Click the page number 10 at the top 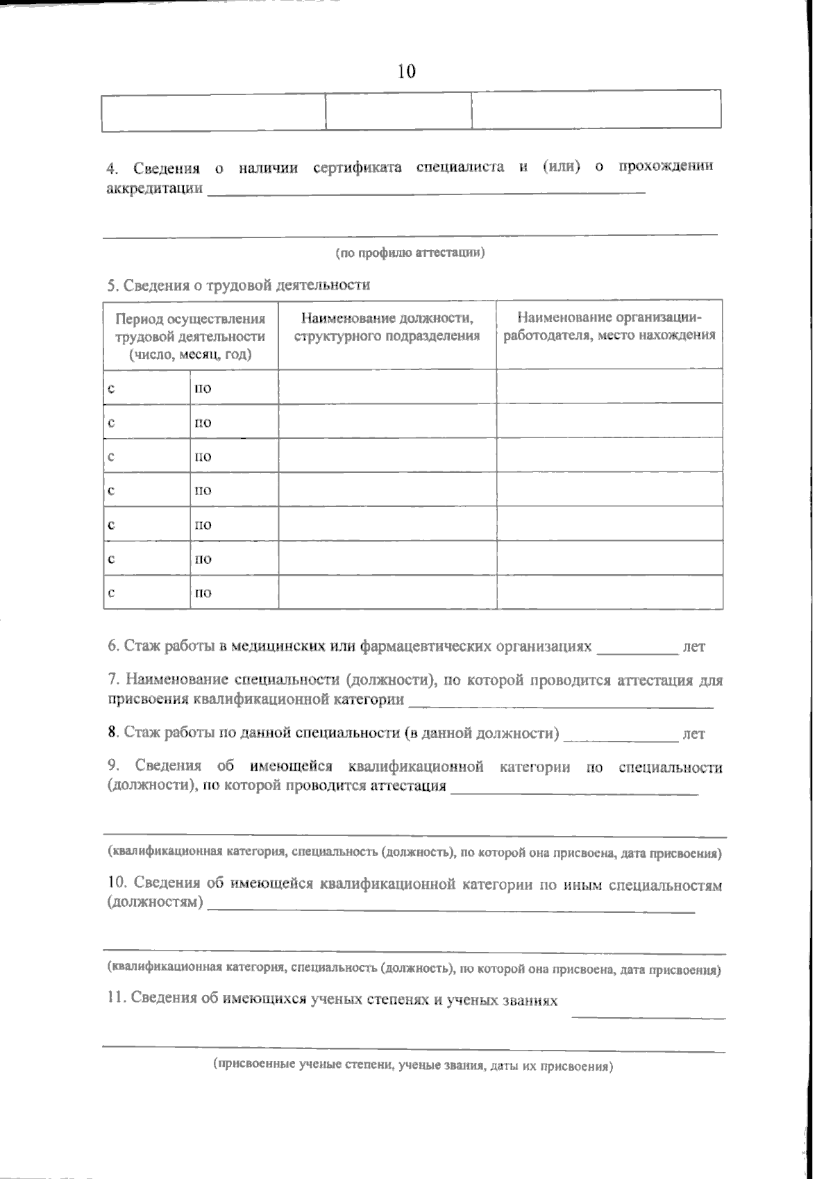[x=407, y=71]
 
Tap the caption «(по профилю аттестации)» [x=410, y=253]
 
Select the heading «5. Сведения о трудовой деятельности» [x=239, y=285]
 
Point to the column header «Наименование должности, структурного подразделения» [x=387, y=327]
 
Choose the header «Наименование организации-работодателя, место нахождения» [x=609, y=327]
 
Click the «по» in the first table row [x=203, y=388]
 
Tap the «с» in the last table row [x=111, y=593]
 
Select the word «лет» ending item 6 [x=693, y=647]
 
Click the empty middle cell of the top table [x=398, y=111]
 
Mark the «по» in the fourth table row [x=203, y=491]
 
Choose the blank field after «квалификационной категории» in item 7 [x=561, y=703]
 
